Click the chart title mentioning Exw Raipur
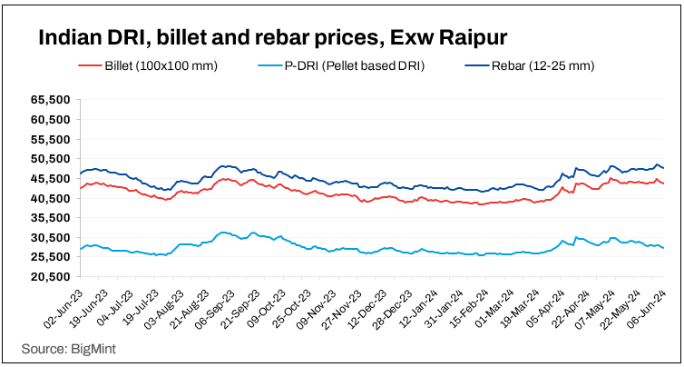click(271, 38)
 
